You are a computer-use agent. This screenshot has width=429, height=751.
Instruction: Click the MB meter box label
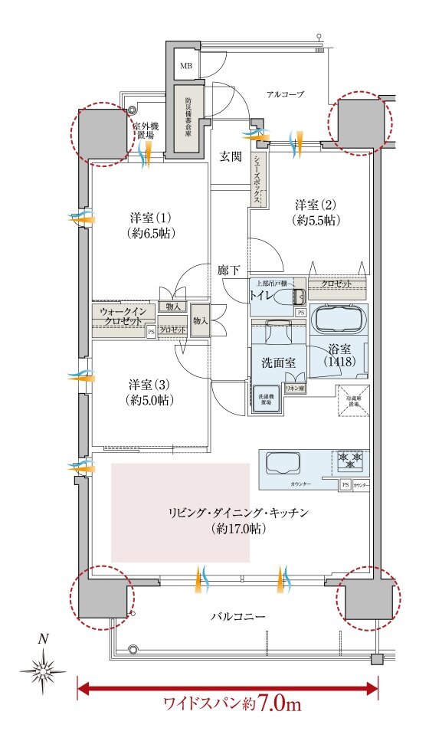[186, 66]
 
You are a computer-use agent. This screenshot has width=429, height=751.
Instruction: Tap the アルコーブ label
[285, 94]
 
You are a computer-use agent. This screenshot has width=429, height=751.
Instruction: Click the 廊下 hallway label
[228, 270]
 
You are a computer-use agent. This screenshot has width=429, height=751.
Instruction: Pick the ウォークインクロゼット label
[123, 317]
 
